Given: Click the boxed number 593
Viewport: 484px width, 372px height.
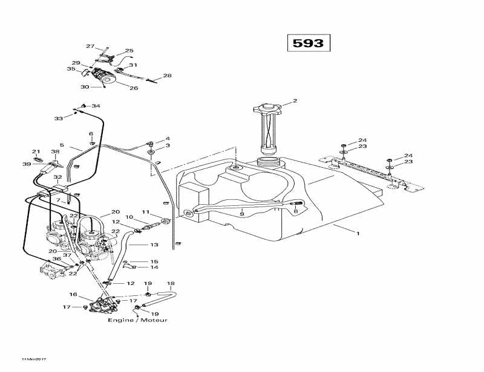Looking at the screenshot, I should [x=308, y=43].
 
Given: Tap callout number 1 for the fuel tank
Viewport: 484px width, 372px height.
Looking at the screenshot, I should [x=357, y=232].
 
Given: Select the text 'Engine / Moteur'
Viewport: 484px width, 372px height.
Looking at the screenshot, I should [x=137, y=320].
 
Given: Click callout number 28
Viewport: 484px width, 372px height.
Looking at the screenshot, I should [x=168, y=76].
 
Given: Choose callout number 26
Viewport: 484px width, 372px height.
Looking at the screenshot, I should [x=134, y=88].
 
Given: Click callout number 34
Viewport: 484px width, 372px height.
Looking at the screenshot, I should [x=96, y=106].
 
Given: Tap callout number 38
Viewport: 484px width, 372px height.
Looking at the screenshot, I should [x=55, y=152].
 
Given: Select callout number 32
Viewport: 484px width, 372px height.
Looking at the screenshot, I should [x=57, y=178].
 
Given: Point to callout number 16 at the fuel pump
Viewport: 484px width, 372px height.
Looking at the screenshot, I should [x=73, y=295].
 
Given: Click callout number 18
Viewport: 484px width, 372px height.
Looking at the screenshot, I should [x=171, y=283].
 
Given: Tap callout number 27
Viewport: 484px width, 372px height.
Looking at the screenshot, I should [x=90, y=46].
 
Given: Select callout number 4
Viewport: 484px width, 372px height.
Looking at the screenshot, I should [x=168, y=138].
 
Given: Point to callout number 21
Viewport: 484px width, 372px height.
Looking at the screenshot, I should [x=36, y=152].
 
